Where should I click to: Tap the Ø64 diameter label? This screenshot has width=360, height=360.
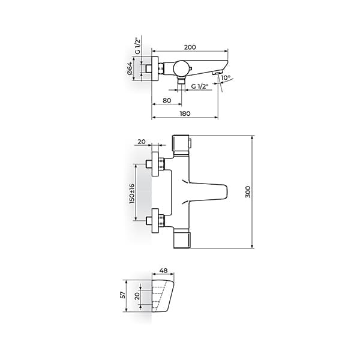130,70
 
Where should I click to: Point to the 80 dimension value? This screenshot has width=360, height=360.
167,100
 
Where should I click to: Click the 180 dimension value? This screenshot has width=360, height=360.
185,113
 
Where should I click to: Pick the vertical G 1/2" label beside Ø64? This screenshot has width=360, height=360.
137,47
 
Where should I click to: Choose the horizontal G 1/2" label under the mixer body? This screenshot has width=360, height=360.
200,87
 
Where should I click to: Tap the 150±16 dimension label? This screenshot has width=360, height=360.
132,193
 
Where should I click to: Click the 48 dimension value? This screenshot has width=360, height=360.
164,271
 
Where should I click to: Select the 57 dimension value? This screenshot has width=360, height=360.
122,295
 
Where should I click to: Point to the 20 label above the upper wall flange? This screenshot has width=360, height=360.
142,142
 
